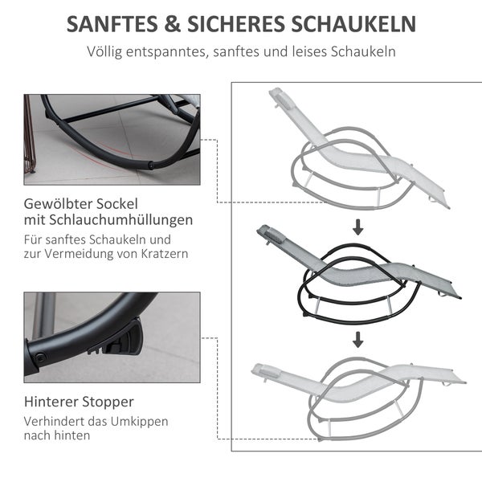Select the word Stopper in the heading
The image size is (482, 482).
pos(108,401)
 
